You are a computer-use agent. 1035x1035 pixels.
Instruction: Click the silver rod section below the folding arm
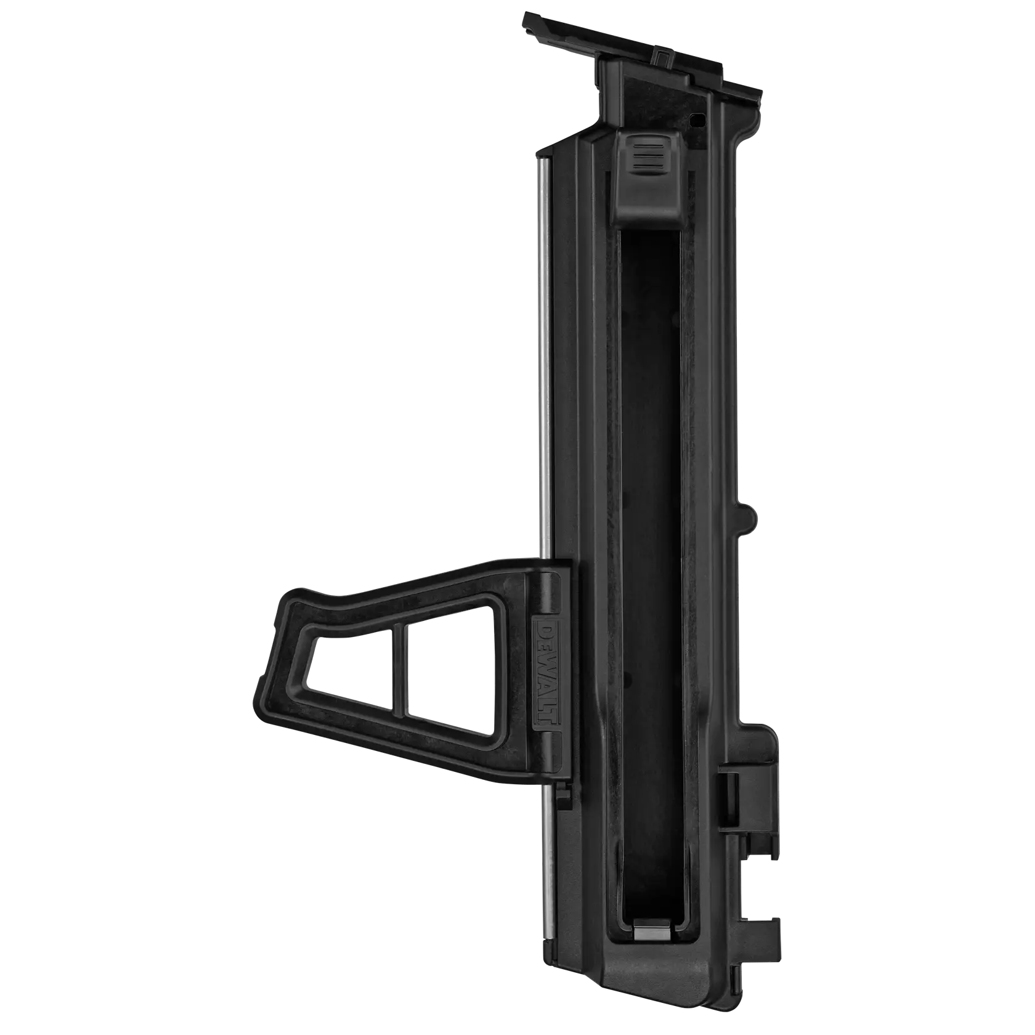tap(547, 875)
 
